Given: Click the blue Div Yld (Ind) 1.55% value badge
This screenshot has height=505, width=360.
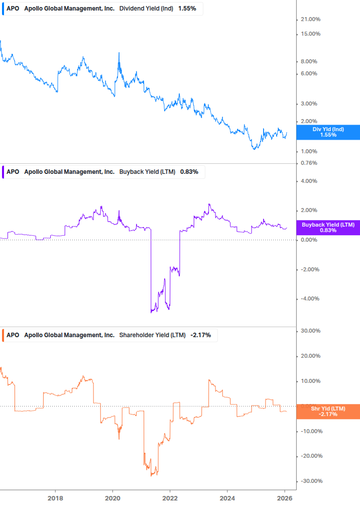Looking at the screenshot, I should pyautogui.click(x=328, y=132).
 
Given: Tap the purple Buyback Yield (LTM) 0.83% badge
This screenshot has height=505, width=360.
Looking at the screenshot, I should pyautogui.click(x=328, y=227).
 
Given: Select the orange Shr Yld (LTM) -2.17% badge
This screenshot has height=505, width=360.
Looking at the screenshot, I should pyautogui.click(x=328, y=412).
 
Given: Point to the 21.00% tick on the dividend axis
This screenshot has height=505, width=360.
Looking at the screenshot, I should pyautogui.click(x=310, y=20).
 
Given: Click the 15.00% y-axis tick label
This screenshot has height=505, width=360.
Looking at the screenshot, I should pyautogui.click(x=310, y=34).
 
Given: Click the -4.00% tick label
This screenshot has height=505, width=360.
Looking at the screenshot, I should pyautogui.click(x=309, y=299).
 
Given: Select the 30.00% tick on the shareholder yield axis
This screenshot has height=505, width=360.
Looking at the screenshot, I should pyautogui.click(x=310, y=331).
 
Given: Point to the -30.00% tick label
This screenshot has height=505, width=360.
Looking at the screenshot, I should pyautogui.click(x=309, y=481).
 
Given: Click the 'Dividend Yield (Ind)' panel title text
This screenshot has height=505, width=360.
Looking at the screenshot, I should pyautogui.click(x=147, y=9).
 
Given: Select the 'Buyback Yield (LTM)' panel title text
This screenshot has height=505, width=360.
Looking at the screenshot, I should pyautogui.click(x=147, y=172).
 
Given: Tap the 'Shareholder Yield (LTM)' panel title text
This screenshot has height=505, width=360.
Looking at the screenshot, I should pyautogui.click(x=152, y=335).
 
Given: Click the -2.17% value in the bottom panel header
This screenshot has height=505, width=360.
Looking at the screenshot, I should pyautogui.click(x=201, y=335).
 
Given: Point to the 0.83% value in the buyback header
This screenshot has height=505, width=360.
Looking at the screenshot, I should pyautogui.click(x=189, y=172).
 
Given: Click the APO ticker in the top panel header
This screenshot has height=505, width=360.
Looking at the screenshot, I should pyautogui.click(x=13, y=9).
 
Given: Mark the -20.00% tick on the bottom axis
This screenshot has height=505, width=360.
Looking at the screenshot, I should pyautogui.click(x=309, y=456).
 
